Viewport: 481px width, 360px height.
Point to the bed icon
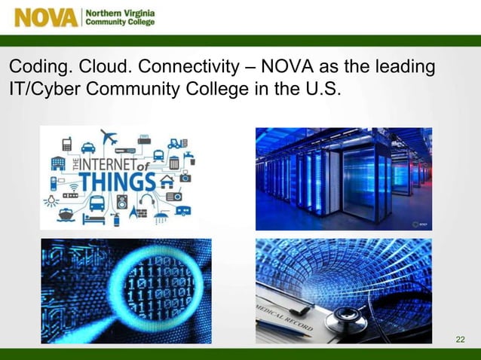pos(93,217)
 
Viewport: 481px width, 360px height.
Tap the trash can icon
pos(174,163)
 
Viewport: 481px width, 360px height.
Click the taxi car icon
pos(88,147)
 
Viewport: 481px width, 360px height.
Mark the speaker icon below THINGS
pos(122,201)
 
